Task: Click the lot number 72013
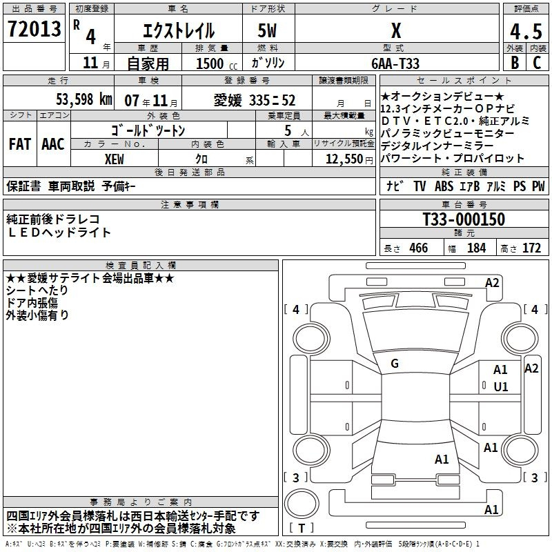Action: coord(34,29)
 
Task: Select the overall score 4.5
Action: coord(526,31)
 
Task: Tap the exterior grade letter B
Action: coord(515,63)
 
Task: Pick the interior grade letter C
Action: coord(537,63)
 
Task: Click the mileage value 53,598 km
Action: coord(84,99)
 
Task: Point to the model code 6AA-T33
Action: coord(395,63)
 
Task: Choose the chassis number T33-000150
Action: coord(464,219)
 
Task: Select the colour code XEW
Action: coord(115,159)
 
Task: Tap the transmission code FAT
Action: coord(20,144)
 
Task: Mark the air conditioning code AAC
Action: coord(53,144)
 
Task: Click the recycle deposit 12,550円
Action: coord(349,159)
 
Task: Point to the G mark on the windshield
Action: coord(395,364)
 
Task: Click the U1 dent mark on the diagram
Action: coord(501,387)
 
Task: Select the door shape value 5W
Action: coord(267,30)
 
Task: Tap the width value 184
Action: coord(476,248)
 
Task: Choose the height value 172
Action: coord(531,248)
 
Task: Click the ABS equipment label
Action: coord(444,186)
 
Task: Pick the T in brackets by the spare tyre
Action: coord(302,528)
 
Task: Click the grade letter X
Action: coord(396,30)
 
